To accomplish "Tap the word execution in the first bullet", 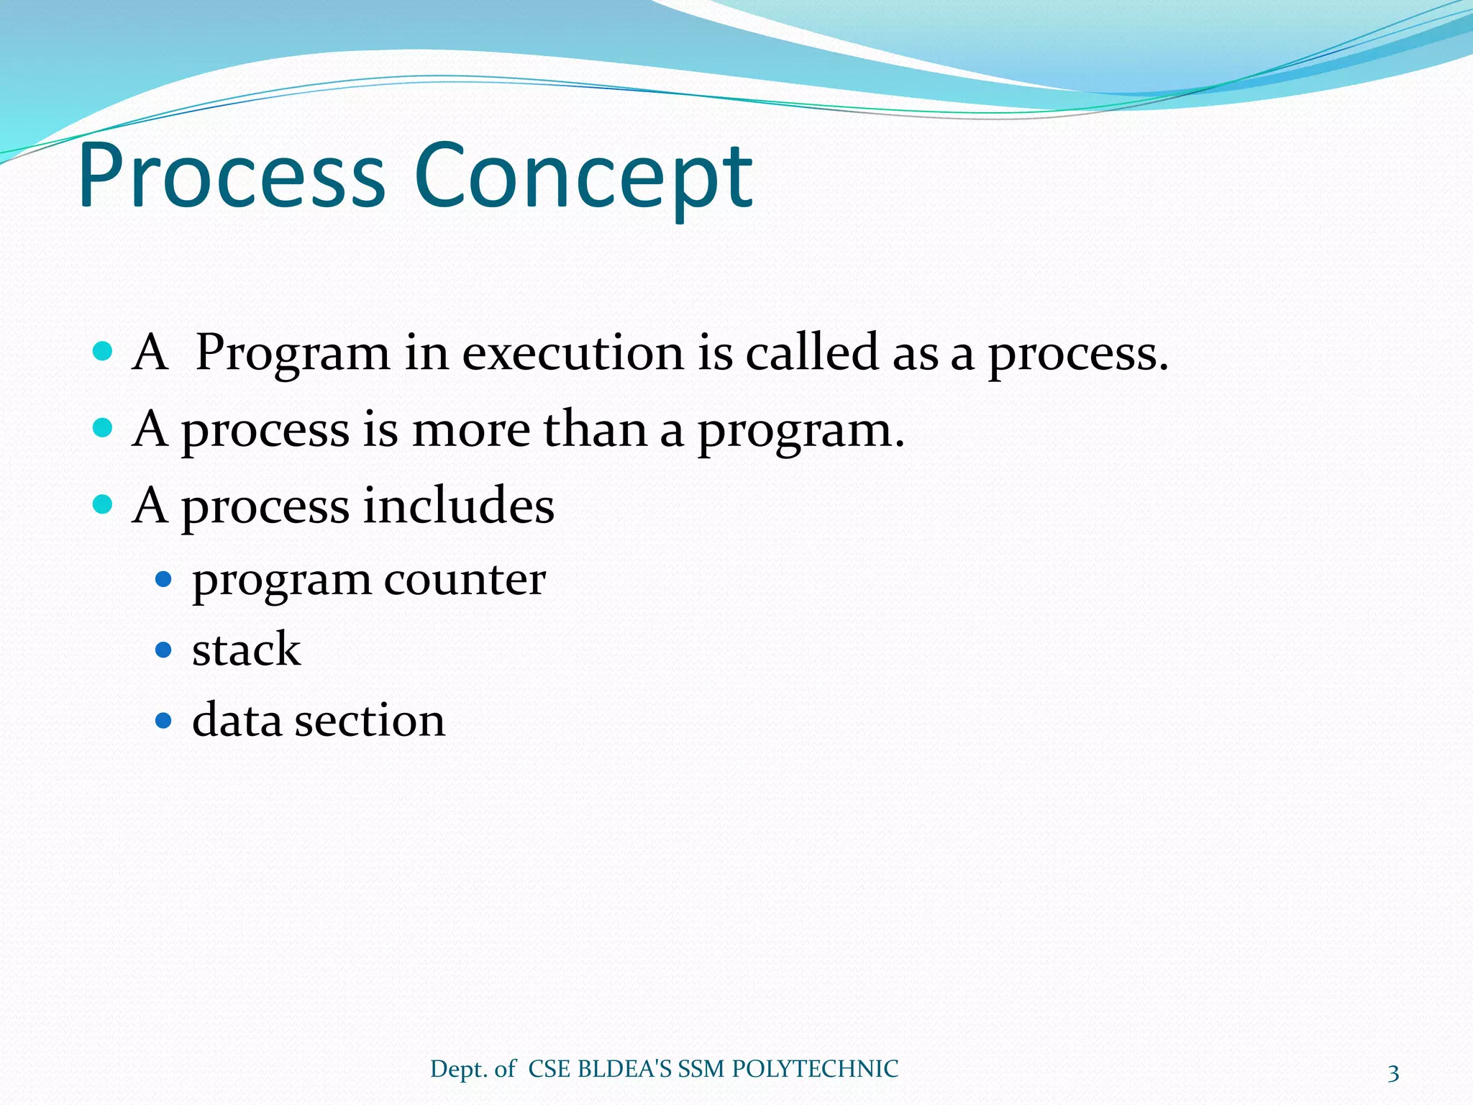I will pyautogui.click(x=573, y=354).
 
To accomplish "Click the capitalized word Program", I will pyautogui.click(x=292, y=354).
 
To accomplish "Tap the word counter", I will pyautogui.click(x=465, y=580).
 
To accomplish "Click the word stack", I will pyautogui.click(x=246, y=650).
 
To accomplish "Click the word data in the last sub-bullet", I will pyautogui.click(x=237, y=720).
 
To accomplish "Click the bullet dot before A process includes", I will pyautogui.click(x=103, y=504).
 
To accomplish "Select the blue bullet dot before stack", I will pyautogui.click(x=164, y=650).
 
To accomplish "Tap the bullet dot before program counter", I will pyautogui.click(x=164, y=579).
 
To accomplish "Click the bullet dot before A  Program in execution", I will pyautogui.click(x=103, y=352).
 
